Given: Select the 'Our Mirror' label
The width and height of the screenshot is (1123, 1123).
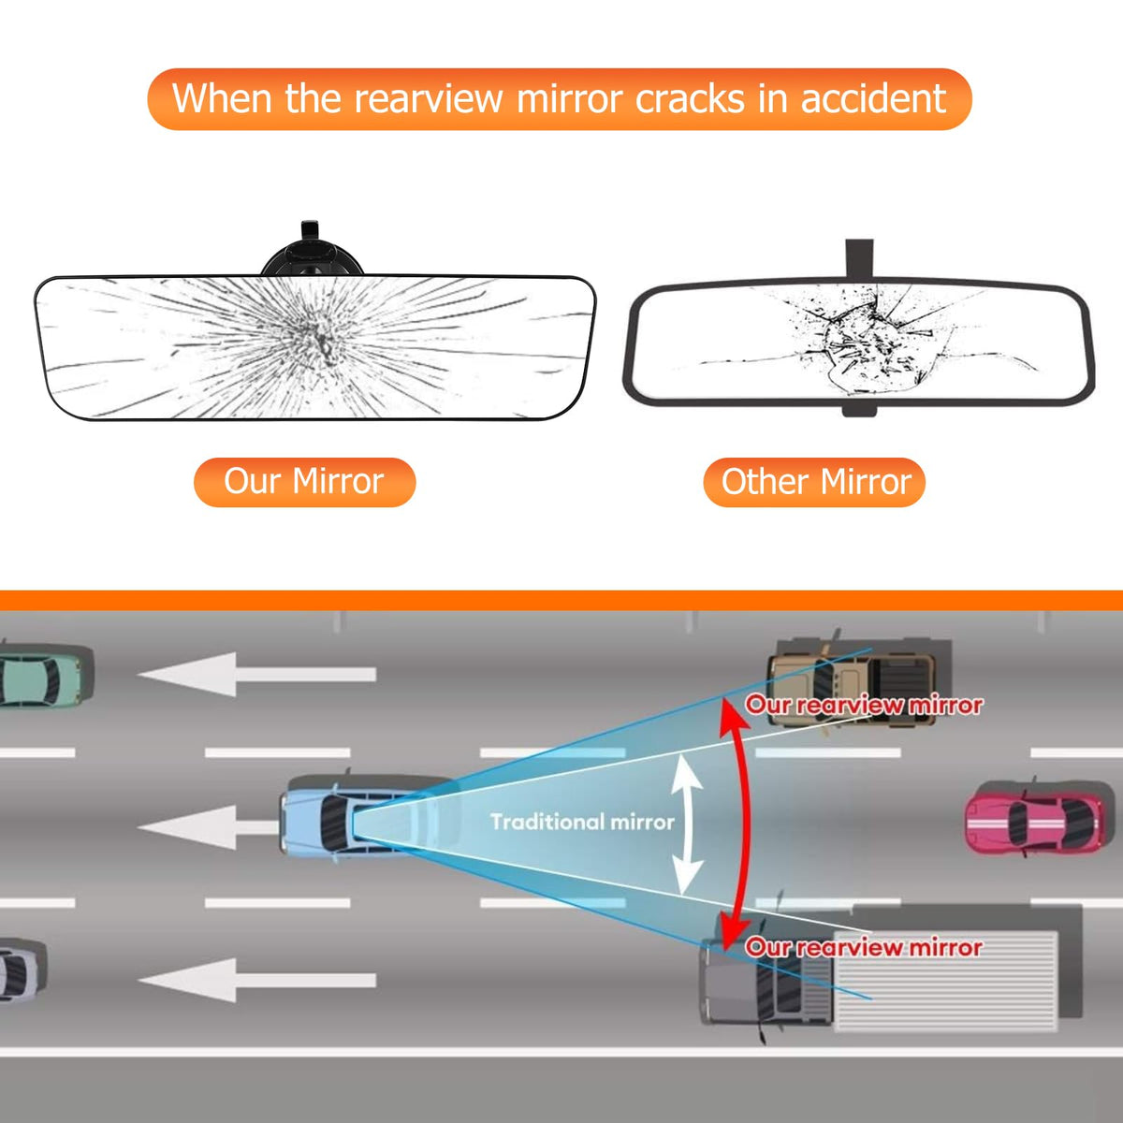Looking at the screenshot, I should (304, 482).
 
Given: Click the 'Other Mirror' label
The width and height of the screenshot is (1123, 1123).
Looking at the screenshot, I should (815, 482).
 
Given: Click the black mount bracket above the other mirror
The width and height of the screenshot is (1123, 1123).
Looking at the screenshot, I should (859, 257).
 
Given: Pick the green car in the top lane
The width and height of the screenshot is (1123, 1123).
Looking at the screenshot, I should (42, 676).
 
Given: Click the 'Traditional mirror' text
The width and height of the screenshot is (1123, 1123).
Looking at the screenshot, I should (582, 822).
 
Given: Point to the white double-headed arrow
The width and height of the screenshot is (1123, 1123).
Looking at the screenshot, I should (688, 824).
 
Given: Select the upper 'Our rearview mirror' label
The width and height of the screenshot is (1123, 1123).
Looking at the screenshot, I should (864, 705).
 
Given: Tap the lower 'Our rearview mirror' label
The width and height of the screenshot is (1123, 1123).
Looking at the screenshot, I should (864, 947).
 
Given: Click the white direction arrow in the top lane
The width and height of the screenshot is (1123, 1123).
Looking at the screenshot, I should (257, 674).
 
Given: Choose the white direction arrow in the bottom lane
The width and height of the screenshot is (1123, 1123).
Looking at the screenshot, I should (257, 980).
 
